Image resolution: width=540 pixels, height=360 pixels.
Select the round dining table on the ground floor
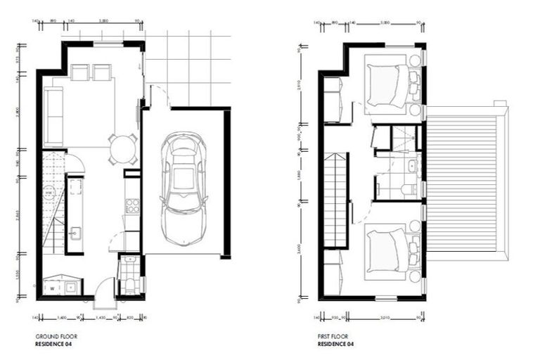point(123,149)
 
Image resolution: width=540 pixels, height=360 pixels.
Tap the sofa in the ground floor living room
point(51,115)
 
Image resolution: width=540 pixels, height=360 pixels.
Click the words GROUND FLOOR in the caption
point(51,337)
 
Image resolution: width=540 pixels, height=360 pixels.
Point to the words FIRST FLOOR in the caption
point(332,337)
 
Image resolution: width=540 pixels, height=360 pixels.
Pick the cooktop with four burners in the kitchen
point(131,205)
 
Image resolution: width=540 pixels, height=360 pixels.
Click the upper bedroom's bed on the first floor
point(387,86)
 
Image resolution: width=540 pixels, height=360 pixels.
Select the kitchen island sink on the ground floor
point(75,232)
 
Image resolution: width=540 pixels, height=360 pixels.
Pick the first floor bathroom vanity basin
point(413,167)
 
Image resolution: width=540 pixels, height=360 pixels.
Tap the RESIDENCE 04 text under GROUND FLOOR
point(53,345)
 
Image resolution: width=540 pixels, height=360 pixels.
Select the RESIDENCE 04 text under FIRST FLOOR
point(334,345)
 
